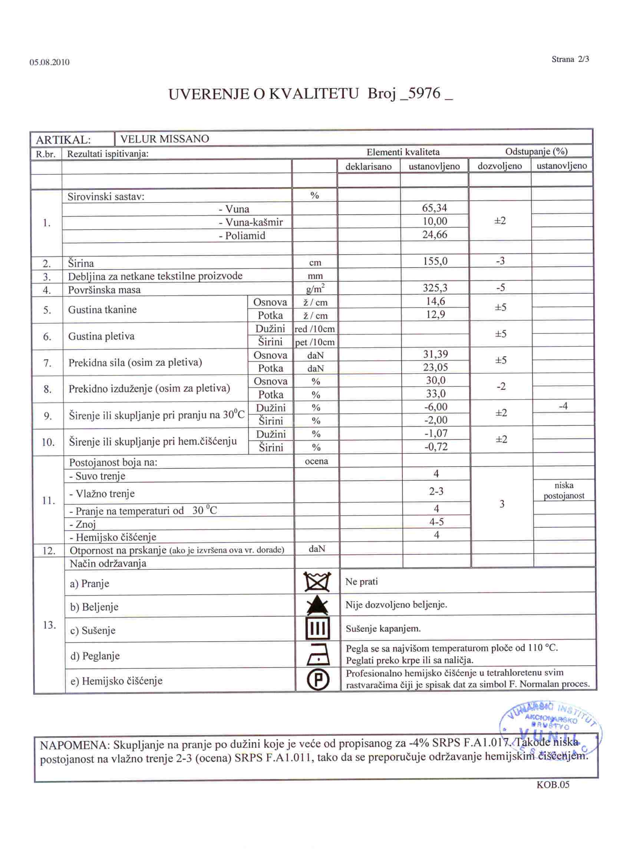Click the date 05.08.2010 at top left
[x=49, y=62]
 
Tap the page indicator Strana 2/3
[x=570, y=59]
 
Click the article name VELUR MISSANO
[x=164, y=139]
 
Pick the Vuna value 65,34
[x=434, y=208]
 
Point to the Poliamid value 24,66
[x=435, y=234]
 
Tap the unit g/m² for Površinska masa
[x=315, y=288]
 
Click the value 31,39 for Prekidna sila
[x=435, y=354]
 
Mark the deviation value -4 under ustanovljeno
[x=563, y=406]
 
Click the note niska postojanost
[x=564, y=491]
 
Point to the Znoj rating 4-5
[x=436, y=522]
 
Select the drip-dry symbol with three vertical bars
[x=317, y=629]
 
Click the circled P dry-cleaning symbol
[x=317, y=680]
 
